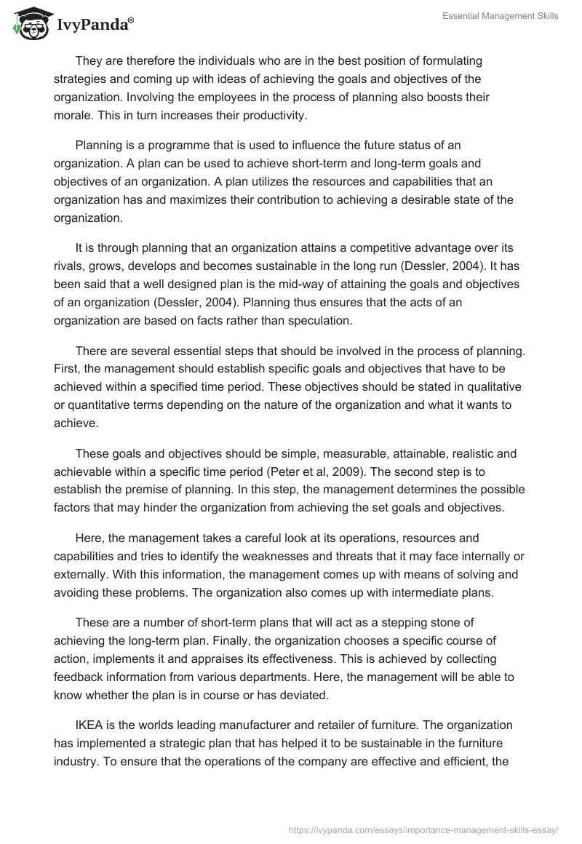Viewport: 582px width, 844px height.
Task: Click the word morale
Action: coord(72,115)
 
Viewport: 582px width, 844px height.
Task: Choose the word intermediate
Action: coord(404,592)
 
